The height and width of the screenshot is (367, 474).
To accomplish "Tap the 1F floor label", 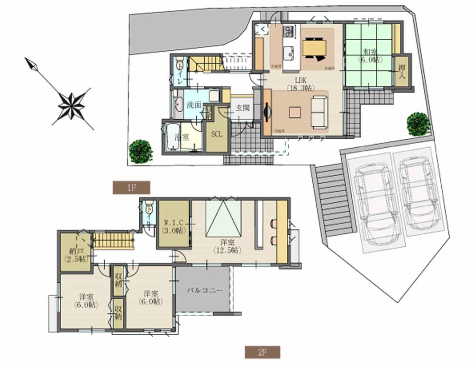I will (x=131, y=188).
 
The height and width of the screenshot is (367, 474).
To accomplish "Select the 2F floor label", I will (x=262, y=352).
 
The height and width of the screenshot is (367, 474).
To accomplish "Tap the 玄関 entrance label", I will (x=242, y=108).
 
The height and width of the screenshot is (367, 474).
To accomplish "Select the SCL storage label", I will (x=217, y=134).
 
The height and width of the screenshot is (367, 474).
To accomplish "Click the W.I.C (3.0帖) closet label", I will (x=173, y=227).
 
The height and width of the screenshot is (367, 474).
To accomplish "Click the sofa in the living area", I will (x=319, y=112).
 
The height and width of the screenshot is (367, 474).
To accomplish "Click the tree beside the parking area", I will (x=419, y=124).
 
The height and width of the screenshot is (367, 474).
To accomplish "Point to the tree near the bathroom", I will (x=141, y=151).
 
